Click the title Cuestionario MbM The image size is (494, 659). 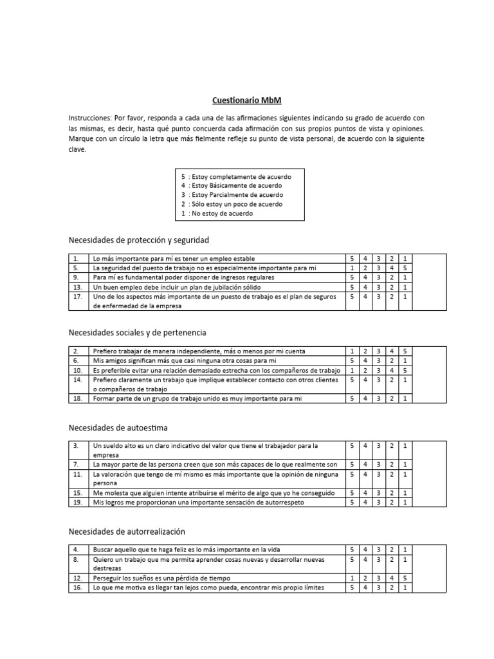tap(247, 100)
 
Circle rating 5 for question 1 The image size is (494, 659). tap(352, 259)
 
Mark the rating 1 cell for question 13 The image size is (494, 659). tap(405, 287)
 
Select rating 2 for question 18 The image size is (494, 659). tap(392, 399)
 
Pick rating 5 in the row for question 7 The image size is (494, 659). tap(352, 464)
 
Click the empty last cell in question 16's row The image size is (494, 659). tap(428, 588)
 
